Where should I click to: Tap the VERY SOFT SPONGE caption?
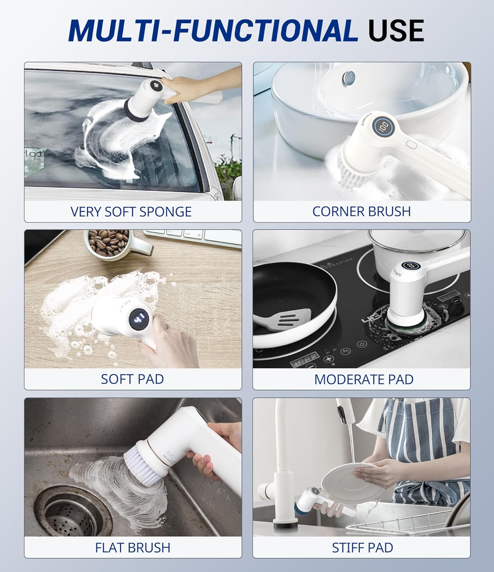click(131, 212)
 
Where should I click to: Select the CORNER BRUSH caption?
click(361, 212)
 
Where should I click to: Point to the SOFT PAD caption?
click(132, 379)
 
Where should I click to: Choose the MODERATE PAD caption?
click(364, 379)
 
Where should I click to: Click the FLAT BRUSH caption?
click(133, 548)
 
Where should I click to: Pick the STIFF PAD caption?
click(362, 548)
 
